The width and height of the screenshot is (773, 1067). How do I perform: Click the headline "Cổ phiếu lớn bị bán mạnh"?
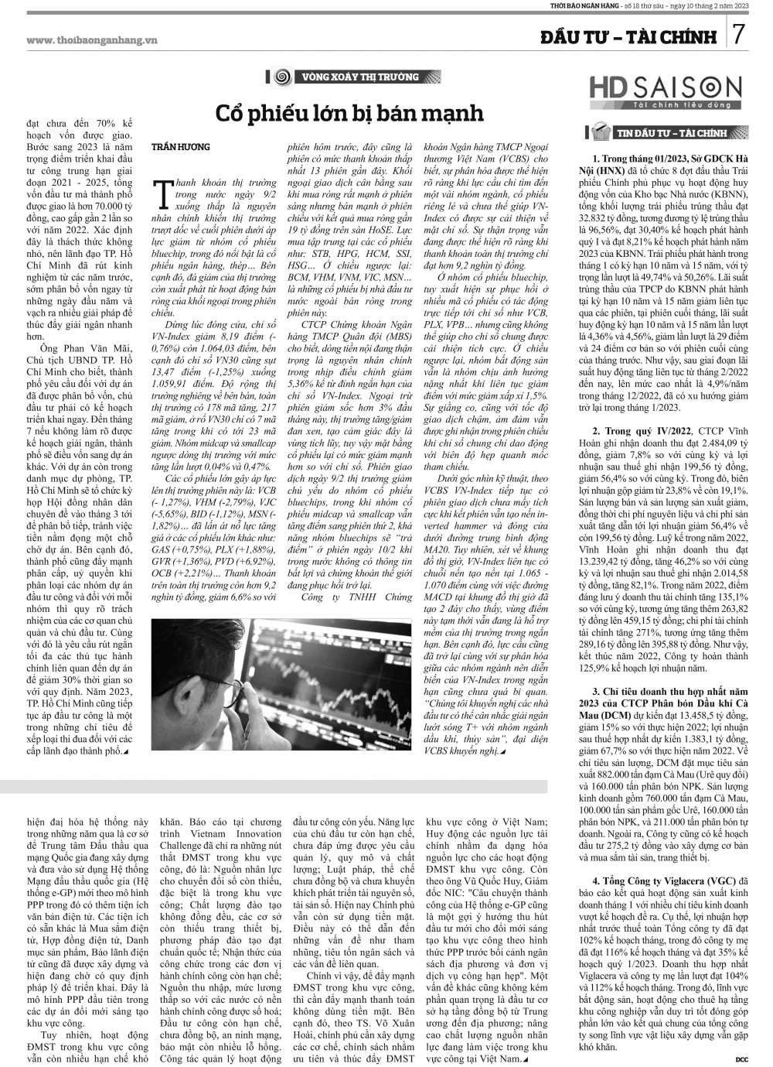tap(349, 114)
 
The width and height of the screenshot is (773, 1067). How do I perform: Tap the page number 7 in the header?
tap(737, 35)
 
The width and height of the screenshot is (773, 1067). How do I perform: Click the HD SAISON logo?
tap(666, 88)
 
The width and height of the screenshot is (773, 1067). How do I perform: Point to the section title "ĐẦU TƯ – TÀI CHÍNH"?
tap(629, 36)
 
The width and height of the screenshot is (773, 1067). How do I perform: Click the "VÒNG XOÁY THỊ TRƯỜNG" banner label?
tap(359, 77)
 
